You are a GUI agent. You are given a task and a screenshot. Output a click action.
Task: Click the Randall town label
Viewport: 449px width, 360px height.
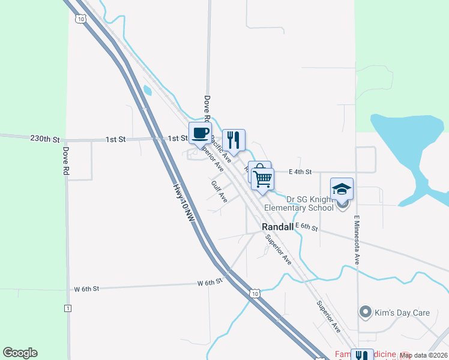coord(278,227)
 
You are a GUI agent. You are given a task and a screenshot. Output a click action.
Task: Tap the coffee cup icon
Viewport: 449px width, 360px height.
coord(200,133)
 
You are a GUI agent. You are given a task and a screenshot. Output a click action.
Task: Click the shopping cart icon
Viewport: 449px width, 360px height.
coord(263,179)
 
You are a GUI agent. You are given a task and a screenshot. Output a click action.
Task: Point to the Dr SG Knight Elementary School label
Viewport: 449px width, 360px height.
coord(310,204)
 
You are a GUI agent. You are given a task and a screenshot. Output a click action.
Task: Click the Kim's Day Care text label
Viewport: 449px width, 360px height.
coord(397,312)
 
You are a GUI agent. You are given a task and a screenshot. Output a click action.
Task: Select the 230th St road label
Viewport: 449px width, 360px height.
coord(45,139)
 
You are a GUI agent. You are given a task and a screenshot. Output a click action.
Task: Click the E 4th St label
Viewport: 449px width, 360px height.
coord(300,172)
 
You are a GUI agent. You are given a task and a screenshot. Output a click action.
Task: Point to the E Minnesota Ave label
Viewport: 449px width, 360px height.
coord(357,240)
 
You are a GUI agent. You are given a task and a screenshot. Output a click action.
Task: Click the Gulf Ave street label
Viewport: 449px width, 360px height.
coord(219,190)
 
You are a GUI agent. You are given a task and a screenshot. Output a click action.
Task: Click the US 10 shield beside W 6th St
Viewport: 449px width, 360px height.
coord(255,293)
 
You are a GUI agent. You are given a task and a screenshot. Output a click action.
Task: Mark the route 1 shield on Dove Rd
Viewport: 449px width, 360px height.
coord(67,308)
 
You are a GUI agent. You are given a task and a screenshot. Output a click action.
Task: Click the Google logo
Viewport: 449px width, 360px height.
coord(20,353)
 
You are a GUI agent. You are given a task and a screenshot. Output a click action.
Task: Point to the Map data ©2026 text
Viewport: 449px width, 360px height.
coord(423,355)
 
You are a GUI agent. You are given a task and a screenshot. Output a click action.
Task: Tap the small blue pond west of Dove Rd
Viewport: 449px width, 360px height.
coord(147,91)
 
